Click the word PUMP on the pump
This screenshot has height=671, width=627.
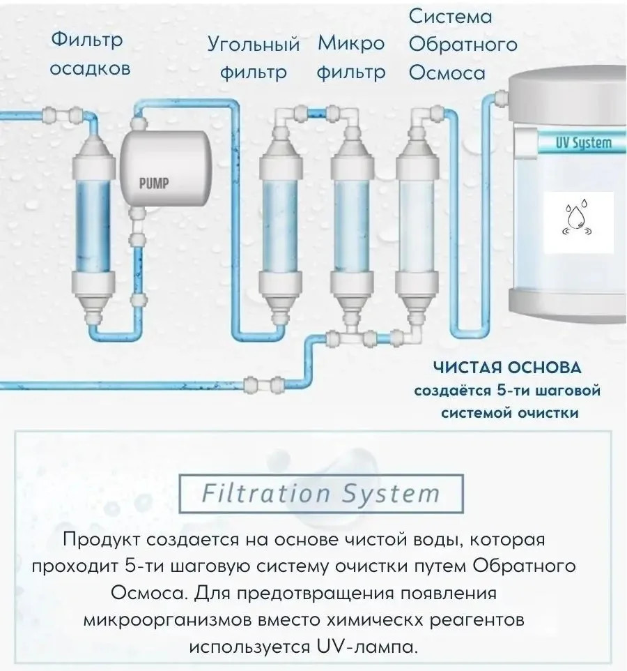[x=154, y=183]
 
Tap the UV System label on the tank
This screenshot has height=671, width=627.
[x=583, y=142]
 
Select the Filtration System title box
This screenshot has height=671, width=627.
[x=321, y=493]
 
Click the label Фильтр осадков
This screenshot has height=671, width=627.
[x=90, y=54]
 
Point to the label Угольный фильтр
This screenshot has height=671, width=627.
[x=254, y=58]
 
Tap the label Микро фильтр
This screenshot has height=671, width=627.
[x=351, y=58]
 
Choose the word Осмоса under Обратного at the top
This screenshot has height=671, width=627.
[x=447, y=73]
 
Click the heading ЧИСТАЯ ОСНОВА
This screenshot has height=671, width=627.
[x=507, y=368]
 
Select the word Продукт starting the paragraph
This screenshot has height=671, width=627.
[x=101, y=539]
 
